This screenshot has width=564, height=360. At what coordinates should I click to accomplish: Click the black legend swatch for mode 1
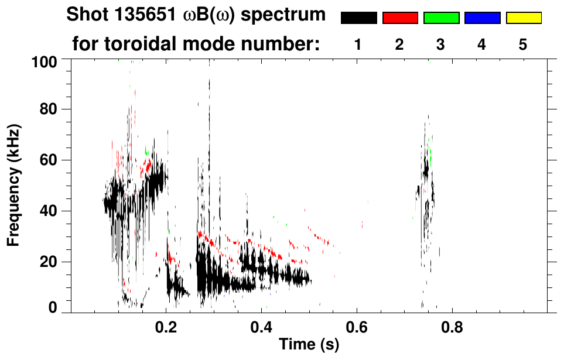(359, 18)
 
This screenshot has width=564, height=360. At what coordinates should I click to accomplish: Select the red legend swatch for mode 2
(400, 18)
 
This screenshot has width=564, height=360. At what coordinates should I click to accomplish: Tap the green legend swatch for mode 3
(441, 18)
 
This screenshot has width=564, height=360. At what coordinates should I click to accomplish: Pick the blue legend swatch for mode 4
(482, 18)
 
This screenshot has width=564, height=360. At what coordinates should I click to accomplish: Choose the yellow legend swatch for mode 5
(523, 18)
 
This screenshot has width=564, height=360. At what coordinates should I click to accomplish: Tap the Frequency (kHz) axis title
(14, 185)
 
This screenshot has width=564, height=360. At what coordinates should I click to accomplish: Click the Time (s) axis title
(309, 345)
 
